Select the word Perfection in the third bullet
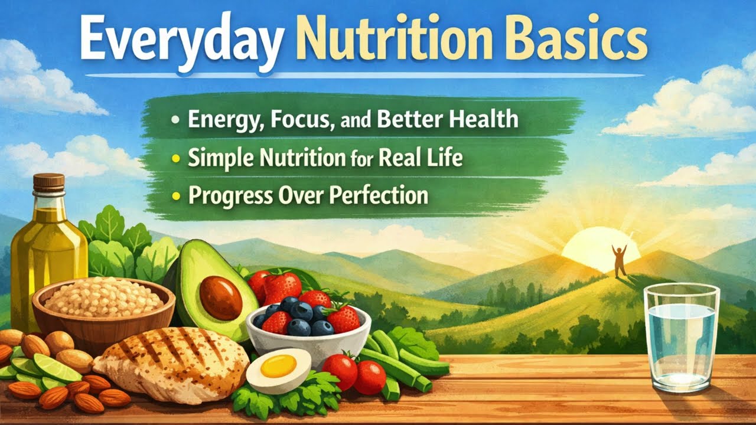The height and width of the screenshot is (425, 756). click(x=378, y=195)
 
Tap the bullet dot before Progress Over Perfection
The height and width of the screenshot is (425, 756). click(x=176, y=196)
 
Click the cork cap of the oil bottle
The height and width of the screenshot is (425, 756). click(x=49, y=182)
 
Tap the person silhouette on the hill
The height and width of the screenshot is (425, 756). click(x=620, y=260)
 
